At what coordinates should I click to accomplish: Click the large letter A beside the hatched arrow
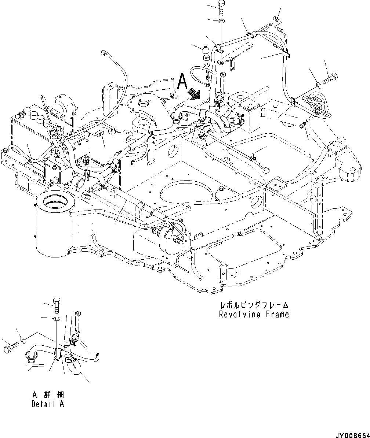pyautogui.click(x=182, y=82)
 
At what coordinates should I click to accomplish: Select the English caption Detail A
pyautogui.click(x=47, y=404)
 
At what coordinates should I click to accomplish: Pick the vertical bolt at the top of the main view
pyautogui.click(x=221, y=8)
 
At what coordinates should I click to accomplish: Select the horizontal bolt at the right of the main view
pyautogui.click(x=331, y=78)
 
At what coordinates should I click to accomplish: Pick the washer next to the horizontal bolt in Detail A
pyautogui.click(x=23, y=341)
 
